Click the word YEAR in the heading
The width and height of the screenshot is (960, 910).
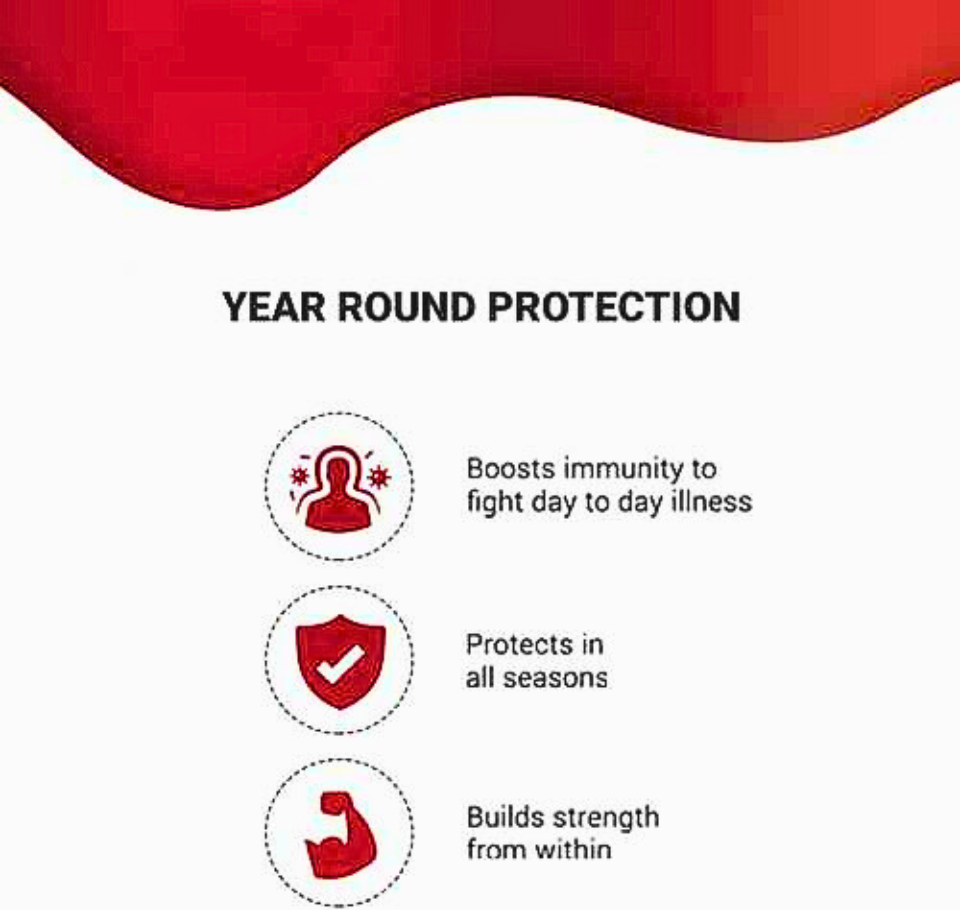(x=273, y=306)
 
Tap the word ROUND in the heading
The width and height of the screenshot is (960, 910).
(x=407, y=306)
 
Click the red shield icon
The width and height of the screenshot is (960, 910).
(x=340, y=661)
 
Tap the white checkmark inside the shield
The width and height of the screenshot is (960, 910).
(x=340, y=665)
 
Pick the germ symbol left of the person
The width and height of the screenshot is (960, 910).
(x=299, y=476)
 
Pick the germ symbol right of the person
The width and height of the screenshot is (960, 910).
(x=380, y=476)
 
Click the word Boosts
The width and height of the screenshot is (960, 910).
(x=510, y=469)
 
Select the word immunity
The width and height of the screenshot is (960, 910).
(x=624, y=470)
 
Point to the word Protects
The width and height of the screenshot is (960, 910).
(x=519, y=644)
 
